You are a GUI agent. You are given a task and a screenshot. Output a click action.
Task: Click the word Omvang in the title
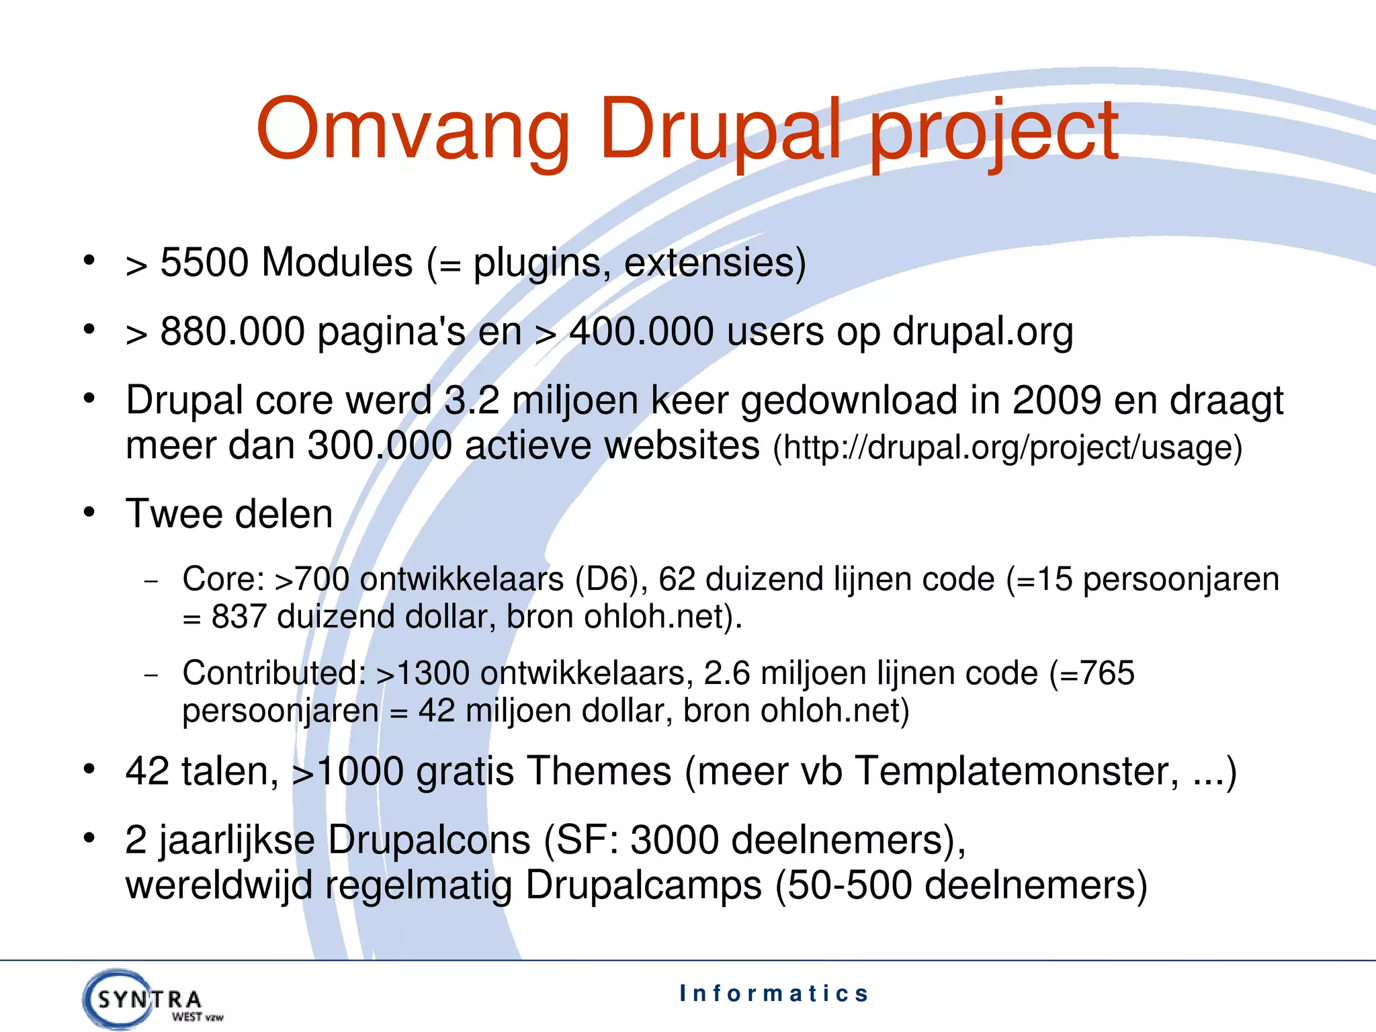(413, 130)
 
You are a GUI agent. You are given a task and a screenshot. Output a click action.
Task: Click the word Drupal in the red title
(720, 130)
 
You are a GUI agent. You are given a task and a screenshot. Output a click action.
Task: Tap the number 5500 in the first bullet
(204, 263)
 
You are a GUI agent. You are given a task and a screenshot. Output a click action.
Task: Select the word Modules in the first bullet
(337, 263)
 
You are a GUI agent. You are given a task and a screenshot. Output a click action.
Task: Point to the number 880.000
(232, 332)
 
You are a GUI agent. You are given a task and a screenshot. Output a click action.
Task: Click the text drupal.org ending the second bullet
(982, 332)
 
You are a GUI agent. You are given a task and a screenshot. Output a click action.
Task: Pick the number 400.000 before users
(641, 332)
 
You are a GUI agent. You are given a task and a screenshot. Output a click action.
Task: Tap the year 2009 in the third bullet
(1057, 401)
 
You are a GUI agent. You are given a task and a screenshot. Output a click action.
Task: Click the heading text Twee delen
(229, 515)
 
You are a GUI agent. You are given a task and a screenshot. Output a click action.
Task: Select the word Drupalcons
(429, 841)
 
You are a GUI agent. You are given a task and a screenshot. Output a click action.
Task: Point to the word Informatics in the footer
(774, 993)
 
